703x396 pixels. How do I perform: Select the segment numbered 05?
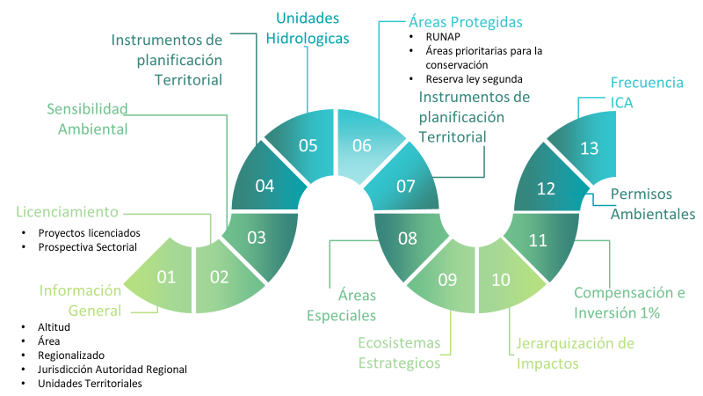tap(307, 145)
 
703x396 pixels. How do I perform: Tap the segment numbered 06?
tap(363, 146)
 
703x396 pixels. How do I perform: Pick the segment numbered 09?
tap(446, 280)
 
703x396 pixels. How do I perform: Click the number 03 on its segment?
tap(257, 238)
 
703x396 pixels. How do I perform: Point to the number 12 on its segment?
tap(546, 189)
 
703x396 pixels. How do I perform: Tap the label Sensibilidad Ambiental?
tap(87, 119)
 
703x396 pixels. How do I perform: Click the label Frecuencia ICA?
tap(647, 92)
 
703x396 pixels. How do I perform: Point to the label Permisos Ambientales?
tap(652, 203)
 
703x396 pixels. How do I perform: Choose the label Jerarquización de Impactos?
tap(573, 353)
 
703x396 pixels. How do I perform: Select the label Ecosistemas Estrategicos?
tap(400, 352)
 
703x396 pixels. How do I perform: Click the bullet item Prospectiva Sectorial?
tap(87, 247)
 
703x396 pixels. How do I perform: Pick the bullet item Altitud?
tap(54, 327)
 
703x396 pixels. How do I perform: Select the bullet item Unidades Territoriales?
tap(90, 383)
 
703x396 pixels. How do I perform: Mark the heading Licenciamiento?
tap(66, 212)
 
